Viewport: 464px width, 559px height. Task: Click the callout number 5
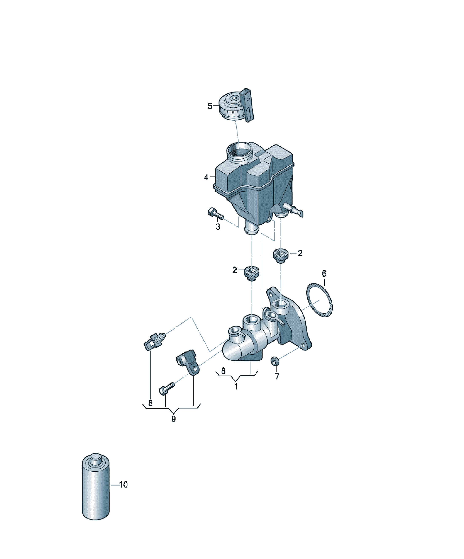210,106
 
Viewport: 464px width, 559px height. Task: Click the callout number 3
218,227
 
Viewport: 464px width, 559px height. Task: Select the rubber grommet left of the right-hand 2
280,256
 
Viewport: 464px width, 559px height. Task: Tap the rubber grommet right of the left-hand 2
252,273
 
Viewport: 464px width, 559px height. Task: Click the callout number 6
324,273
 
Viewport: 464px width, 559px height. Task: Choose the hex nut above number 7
275,361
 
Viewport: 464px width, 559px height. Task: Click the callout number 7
277,376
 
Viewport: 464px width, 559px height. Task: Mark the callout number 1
236,387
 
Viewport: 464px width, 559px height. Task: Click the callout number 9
173,419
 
